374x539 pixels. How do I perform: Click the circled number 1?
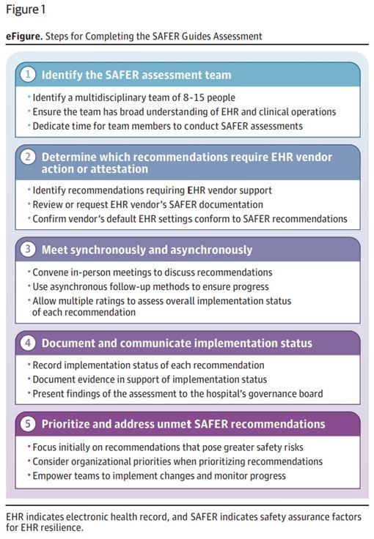[28, 75]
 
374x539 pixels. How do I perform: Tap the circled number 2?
[28, 157]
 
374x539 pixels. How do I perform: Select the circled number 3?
[28, 250]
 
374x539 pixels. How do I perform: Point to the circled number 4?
[28, 343]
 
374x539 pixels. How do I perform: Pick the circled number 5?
[28, 424]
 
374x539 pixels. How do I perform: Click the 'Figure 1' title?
[26, 10]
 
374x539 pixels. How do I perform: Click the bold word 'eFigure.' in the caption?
[23, 36]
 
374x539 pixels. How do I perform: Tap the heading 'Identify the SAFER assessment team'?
[136, 75]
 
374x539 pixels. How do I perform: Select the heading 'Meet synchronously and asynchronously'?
[147, 250]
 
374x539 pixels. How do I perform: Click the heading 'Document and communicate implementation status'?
[177, 343]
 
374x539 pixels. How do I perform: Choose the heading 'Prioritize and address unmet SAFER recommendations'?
[183, 424]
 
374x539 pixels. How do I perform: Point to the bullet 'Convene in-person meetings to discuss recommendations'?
[152, 272]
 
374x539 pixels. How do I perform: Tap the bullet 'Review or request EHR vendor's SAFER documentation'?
[147, 204]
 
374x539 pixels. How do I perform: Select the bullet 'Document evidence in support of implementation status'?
[150, 379]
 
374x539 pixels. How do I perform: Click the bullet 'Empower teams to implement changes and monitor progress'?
[159, 475]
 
